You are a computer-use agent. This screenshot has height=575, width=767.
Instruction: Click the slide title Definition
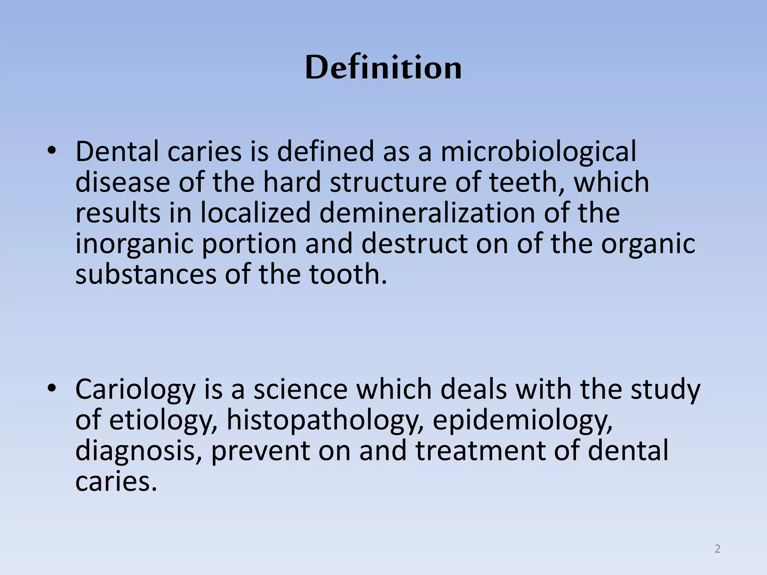383,68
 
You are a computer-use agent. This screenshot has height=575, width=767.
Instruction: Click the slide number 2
717,549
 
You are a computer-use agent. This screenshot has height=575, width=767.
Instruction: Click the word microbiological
538,152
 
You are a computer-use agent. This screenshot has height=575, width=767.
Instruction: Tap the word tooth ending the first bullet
347,274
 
